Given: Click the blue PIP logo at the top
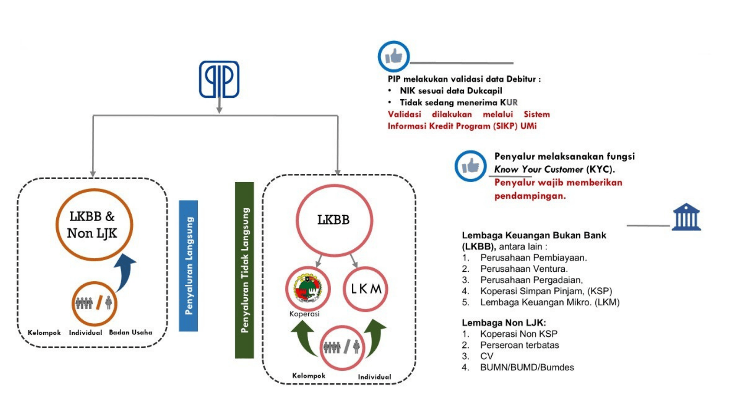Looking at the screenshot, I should [x=219, y=79].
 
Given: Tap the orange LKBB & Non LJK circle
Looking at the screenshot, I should [x=94, y=225].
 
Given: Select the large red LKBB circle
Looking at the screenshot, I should [x=334, y=220].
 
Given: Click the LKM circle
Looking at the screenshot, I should [x=365, y=289].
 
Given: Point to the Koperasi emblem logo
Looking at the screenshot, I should [x=307, y=289].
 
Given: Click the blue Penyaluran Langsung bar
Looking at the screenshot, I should [x=188, y=266].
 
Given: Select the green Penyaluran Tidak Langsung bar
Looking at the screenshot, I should [x=245, y=270].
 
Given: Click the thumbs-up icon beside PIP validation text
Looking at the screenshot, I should [x=393, y=56].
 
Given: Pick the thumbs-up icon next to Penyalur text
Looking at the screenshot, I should [x=470, y=166].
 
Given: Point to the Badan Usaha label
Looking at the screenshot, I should [x=130, y=332].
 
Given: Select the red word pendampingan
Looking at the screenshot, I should [x=530, y=196].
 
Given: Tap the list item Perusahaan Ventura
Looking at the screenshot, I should [x=524, y=269].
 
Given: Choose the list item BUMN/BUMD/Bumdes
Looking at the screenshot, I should [x=527, y=367].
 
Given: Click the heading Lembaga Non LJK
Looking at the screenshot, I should [x=504, y=323].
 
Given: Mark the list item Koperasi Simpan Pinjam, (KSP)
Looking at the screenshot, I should [x=546, y=291].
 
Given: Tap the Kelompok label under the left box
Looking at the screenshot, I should [x=44, y=333].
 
